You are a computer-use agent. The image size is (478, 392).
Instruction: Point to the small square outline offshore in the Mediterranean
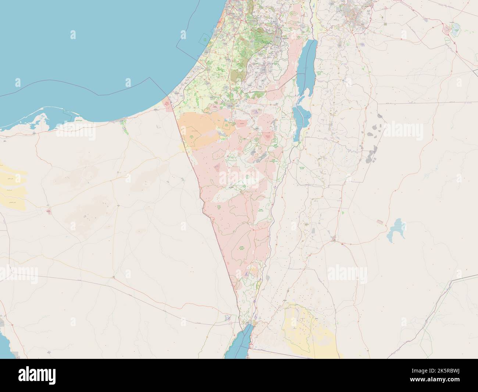tap(203, 37)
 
